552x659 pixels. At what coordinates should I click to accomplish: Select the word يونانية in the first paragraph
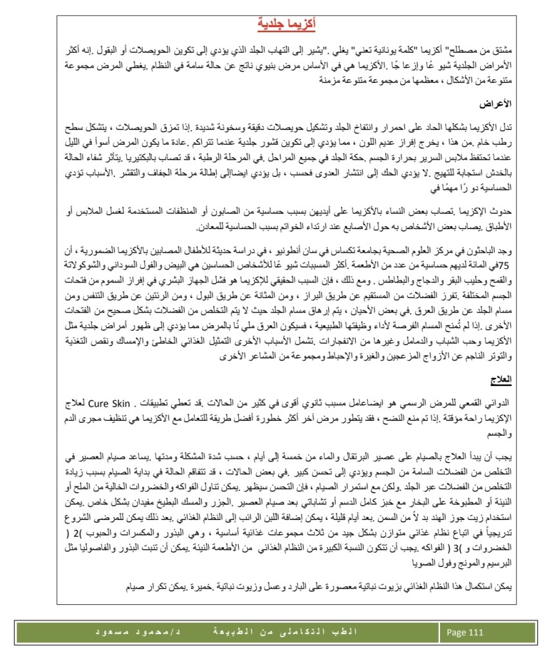(407, 50)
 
